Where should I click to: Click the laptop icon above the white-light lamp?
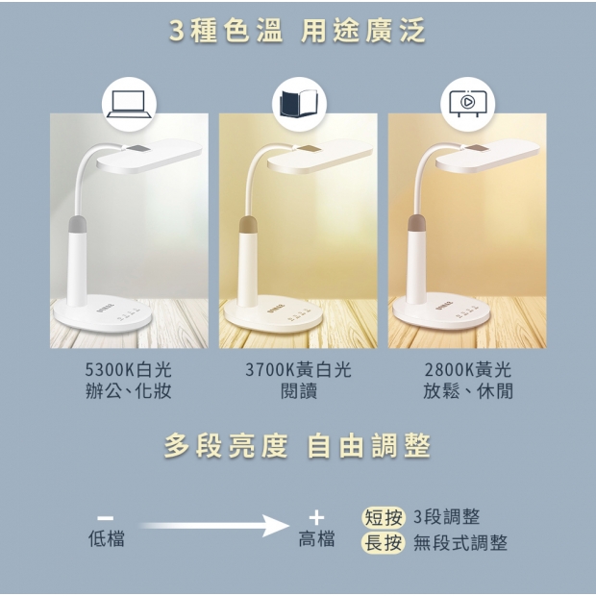click(129, 104)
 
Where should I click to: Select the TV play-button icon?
click(467, 103)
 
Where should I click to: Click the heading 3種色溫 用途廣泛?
click(298, 31)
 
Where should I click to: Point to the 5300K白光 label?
click(129, 369)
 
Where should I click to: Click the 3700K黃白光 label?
click(298, 369)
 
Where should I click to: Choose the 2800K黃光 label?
click(468, 369)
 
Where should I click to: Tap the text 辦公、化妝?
click(129, 390)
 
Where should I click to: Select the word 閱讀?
click(299, 390)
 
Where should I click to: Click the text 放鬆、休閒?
click(468, 390)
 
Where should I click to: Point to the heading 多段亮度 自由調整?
click(298, 445)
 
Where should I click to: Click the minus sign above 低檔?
click(106, 518)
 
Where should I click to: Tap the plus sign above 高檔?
click(316, 518)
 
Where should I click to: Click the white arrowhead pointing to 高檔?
click(276, 526)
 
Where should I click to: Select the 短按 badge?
click(384, 517)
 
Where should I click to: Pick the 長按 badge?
click(384, 542)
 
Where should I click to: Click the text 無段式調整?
click(460, 542)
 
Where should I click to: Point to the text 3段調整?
click(447, 517)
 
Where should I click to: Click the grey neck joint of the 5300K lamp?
click(78, 224)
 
